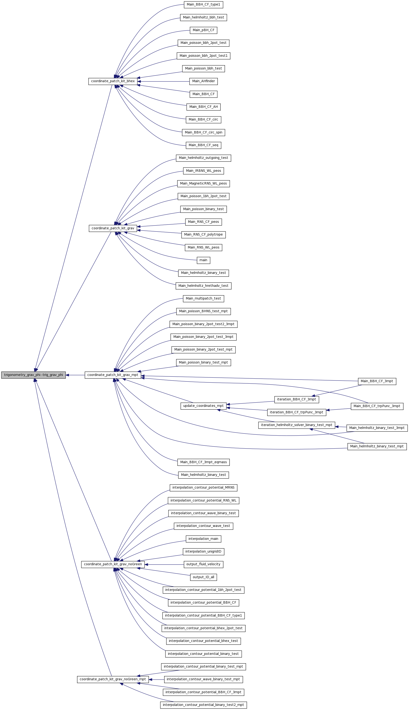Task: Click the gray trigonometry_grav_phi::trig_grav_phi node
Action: (34, 375)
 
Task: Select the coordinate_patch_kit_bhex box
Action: (113, 81)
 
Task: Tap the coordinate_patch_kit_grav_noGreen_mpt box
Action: (113, 679)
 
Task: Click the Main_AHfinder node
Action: (203, 81)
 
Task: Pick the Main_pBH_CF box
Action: (203, 30)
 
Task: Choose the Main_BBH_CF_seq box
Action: (203, 145)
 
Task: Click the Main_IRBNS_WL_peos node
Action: (203, 171)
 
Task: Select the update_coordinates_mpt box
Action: (203, 406)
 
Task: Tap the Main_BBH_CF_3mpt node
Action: (377, 381)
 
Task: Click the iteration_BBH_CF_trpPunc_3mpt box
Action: (297, 412)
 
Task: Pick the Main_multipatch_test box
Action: (203, 299)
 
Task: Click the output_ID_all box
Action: (203, 577)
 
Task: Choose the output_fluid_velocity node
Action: (203, 564)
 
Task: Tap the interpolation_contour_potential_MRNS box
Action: (203, 488)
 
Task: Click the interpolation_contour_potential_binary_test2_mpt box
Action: (203, 705)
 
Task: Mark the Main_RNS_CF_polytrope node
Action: (203, 235)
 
